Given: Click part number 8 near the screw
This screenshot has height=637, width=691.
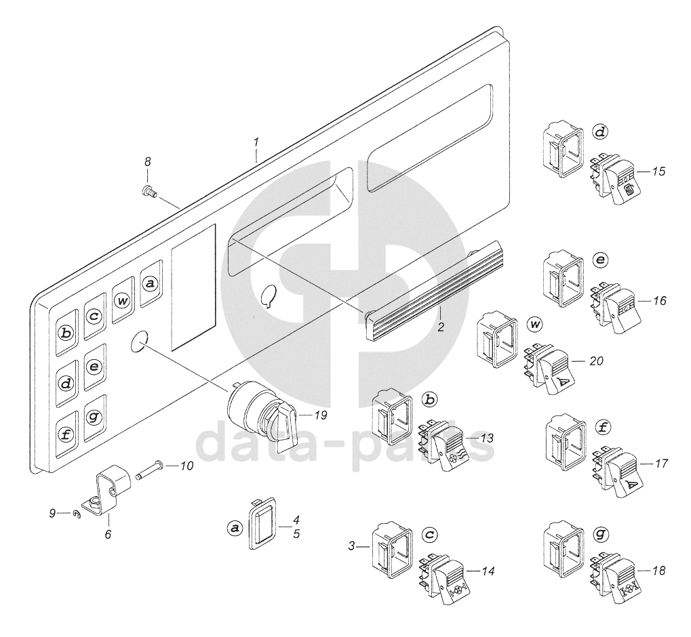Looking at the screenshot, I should [x=147, y=162].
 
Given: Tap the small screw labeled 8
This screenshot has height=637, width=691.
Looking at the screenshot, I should [x=148, y=192].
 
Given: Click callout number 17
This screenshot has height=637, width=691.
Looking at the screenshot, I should [x=662, y=464].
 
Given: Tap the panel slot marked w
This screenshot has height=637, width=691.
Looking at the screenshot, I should [x=123, y=301].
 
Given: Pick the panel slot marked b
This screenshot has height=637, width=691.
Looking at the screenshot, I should [x=65, y=333].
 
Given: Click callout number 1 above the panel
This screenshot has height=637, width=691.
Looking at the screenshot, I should [x=256, y=142].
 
